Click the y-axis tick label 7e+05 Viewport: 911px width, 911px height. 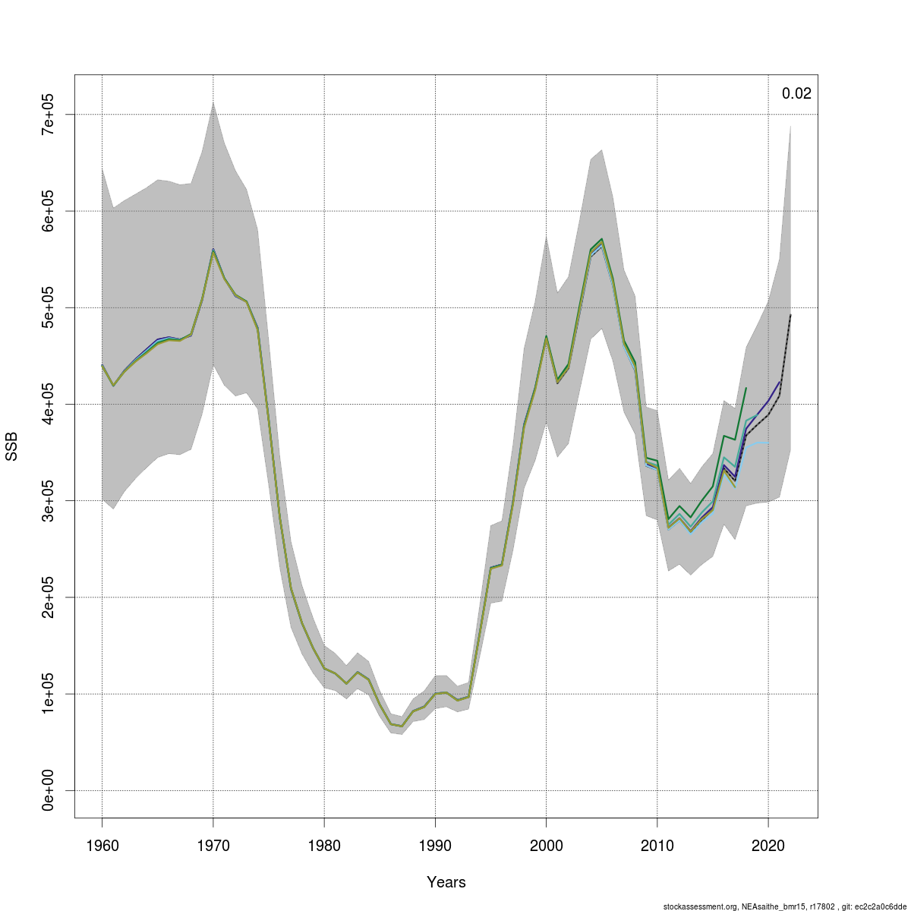click(x=47, y=114)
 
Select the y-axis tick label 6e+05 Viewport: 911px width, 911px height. click(x=47, y=211)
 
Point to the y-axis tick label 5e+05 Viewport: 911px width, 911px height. click(x=47, y=307)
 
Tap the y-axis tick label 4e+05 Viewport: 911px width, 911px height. click(x=47, y=404)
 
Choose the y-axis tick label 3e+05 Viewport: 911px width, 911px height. click(x=47, y=501)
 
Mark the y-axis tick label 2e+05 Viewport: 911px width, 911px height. click(x=47, y=597)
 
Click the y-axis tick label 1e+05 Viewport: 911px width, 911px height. click(x=47, y=694)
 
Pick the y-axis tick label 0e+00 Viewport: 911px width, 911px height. click(x=47, y=790)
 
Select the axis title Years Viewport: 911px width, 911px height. click(x=446, y=882)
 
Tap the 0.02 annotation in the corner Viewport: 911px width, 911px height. click(x=796, y=94)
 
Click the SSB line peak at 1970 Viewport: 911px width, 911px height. click(x=213, y=250)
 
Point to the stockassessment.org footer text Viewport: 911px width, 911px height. click(x=785, y=906)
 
